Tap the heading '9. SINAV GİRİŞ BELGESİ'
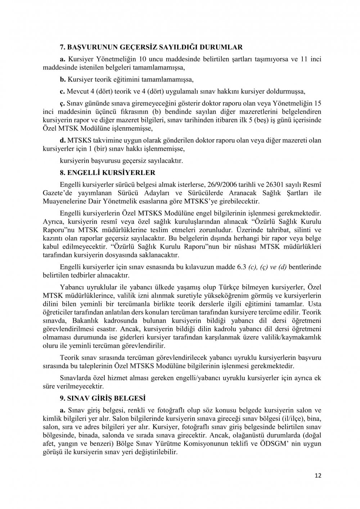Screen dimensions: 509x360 [102, 398]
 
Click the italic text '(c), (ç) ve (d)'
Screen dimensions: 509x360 [266, 267]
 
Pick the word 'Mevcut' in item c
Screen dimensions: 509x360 [76, 91]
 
